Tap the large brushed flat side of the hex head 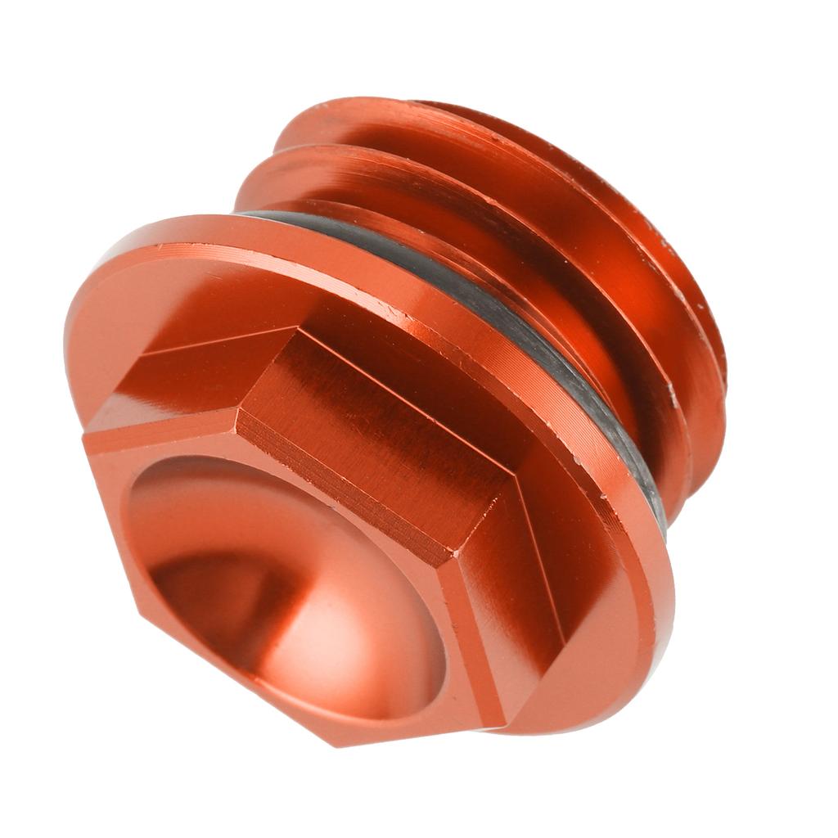368,426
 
